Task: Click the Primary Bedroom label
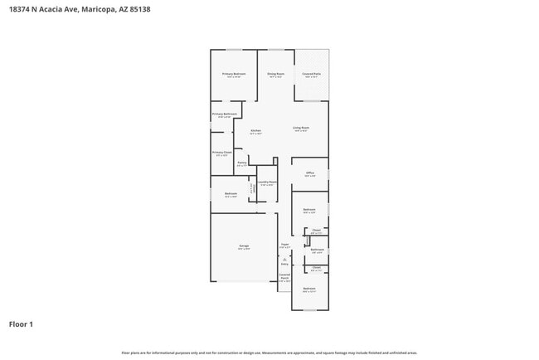pos(234,74)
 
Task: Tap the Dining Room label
pos(276,74)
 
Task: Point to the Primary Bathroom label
pos(224,114)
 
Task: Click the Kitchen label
pos(255,130)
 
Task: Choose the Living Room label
pos(300,128)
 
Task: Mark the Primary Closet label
pos(221,153)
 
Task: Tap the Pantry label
pos(241,163)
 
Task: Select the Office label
pos(309,173)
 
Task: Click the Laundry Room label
pos(267,182)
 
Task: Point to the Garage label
pos(245,246)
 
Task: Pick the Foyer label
pos(284,244)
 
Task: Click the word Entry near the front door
pos(284,264)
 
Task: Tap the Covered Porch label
pos(284,276)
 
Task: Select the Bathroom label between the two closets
pos(317,250)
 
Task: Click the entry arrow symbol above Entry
pos(284,258)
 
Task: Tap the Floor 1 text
pos(21,324)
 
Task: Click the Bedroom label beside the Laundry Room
pos(231,193)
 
